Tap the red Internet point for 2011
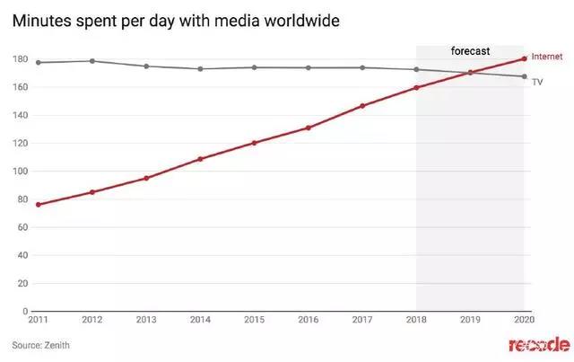tap(39, 205)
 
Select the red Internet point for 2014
tap(200, 159)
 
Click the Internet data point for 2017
tap(362, 106)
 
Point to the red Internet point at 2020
tap(524, 59)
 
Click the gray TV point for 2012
tap(92, 61)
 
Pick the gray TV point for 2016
tap(309, 67)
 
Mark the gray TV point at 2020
tap(524, 76)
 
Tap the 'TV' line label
tap(538, 81)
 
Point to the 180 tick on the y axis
tap(18, 59)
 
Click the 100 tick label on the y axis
tap(18, 172)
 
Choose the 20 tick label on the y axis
tap(21, 283)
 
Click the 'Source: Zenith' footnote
tap(40, 345)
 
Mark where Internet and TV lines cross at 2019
tap(470, 72)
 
